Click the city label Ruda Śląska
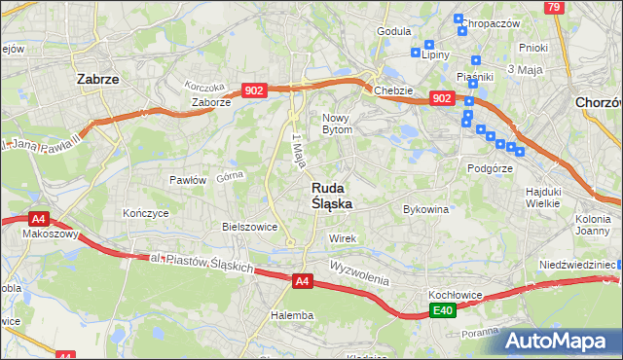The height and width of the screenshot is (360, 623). [332, 196]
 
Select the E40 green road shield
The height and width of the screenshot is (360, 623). [443, 310]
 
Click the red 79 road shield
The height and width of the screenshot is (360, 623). [554, 8]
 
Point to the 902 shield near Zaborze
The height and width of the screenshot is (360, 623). [253, 90]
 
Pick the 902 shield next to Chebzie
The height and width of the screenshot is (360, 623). [441, 98]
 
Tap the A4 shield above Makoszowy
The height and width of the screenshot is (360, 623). [38, 219]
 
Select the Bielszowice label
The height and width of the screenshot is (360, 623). [250, 227]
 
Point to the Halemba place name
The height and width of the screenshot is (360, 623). [292, 315]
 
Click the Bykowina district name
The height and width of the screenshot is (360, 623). [425, 209]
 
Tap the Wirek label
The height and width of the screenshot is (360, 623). [343, 238]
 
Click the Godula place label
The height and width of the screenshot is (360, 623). [393, 31]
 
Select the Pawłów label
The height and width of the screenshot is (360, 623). [188, 180]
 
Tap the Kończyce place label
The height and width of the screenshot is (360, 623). [146, 212]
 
